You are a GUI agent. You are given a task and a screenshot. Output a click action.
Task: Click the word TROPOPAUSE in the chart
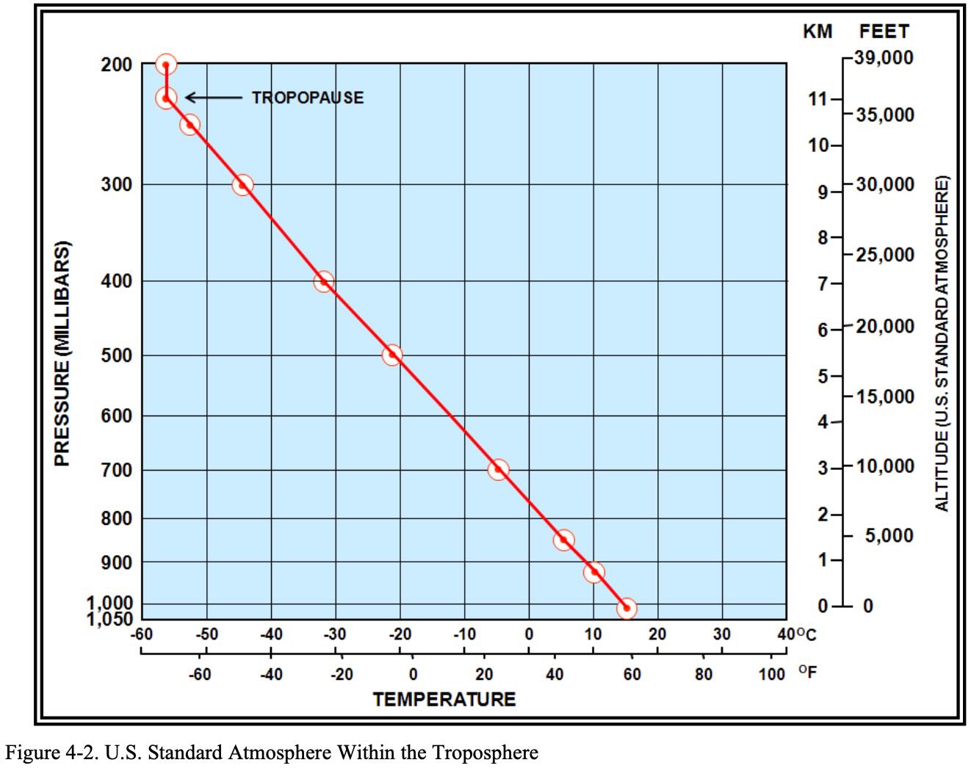click(307, 98)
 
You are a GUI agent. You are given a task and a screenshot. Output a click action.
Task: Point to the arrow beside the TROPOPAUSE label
click(213, 97)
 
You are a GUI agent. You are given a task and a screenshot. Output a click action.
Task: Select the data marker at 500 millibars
click(392, 355)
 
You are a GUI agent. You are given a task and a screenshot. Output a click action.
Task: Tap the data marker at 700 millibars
click(498, 469)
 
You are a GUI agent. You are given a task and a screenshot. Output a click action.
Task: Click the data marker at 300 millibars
click(242, 184)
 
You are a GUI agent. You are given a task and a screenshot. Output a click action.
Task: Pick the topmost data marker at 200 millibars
click(166, 65)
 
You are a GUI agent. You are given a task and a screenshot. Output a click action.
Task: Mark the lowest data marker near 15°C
click(627, 608)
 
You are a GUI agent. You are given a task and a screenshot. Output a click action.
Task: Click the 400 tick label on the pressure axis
click(117, 281)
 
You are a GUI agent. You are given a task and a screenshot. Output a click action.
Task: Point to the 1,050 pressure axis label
click(109, 619)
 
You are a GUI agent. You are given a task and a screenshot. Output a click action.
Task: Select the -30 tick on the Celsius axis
click(334, 634)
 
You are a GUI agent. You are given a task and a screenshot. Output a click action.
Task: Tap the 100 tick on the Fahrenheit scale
click(772, 674)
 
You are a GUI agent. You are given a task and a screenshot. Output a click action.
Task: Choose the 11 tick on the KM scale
click(817, 99)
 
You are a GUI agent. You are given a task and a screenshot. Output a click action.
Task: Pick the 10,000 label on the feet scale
click(885, 467)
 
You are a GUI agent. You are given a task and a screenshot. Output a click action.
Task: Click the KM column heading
click(817, 32)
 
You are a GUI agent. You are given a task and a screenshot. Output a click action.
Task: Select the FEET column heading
click(884, 32)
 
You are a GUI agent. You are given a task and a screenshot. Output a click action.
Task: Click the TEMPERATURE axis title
click(444, 699)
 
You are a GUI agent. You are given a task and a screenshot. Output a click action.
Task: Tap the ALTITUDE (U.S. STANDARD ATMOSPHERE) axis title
click(942, 343)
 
